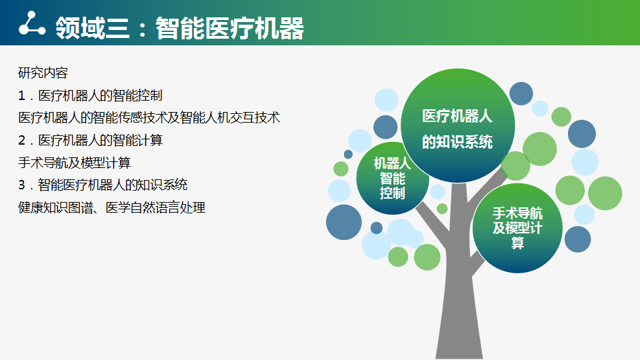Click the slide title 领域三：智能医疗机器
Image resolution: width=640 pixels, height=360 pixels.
[x=179, y=28]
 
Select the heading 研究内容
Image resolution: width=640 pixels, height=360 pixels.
[x=43, y=73]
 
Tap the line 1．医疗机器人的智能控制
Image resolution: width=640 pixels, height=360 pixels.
[x=90, y=95]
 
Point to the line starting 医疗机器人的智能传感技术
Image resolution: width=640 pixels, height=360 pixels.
[x=149, y=117]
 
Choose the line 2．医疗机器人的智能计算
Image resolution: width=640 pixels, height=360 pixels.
[x=90, y=141]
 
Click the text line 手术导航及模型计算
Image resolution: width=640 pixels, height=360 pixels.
[x=74, y=163]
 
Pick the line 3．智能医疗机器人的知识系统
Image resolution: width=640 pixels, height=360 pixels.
[x=103, y=185]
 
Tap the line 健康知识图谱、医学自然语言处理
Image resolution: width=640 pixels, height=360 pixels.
[x=111, y=207]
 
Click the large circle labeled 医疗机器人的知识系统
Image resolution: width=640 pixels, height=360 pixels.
[x=457, y=126]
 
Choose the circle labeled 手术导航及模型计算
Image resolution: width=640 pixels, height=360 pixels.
[x=517, y=228]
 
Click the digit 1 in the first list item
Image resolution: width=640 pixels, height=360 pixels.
[x=21, y=96]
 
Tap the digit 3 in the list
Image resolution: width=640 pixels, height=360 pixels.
[x=21, y=185]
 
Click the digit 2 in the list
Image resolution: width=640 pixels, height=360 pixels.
[x=21, y=141]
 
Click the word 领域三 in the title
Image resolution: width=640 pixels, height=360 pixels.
[x=93, y=28]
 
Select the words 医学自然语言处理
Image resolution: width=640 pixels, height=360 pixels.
[x=155, y=207]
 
